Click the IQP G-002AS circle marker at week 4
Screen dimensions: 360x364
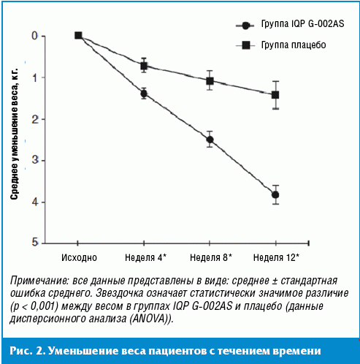(144, 94)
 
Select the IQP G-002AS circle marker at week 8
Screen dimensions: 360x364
(210, 140)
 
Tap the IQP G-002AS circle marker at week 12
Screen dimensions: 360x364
(275, 195)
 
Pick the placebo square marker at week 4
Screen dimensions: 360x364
(144, 66)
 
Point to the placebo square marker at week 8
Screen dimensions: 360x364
(210, 80)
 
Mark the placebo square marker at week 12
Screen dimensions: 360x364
(275, 95)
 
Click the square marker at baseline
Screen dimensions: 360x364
(78, 36)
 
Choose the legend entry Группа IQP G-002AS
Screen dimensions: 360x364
(290, 24)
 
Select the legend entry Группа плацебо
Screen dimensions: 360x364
(281, 45)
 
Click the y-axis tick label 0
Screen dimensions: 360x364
(35, 36)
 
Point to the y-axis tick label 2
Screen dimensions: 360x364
(35, 119)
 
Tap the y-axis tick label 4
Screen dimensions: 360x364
(35, 202)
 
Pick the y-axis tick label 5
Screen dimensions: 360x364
(35, 242)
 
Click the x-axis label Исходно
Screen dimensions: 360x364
(79, 257)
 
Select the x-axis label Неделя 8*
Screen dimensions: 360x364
(211, 257)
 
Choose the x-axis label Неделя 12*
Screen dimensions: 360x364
(276, 257)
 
